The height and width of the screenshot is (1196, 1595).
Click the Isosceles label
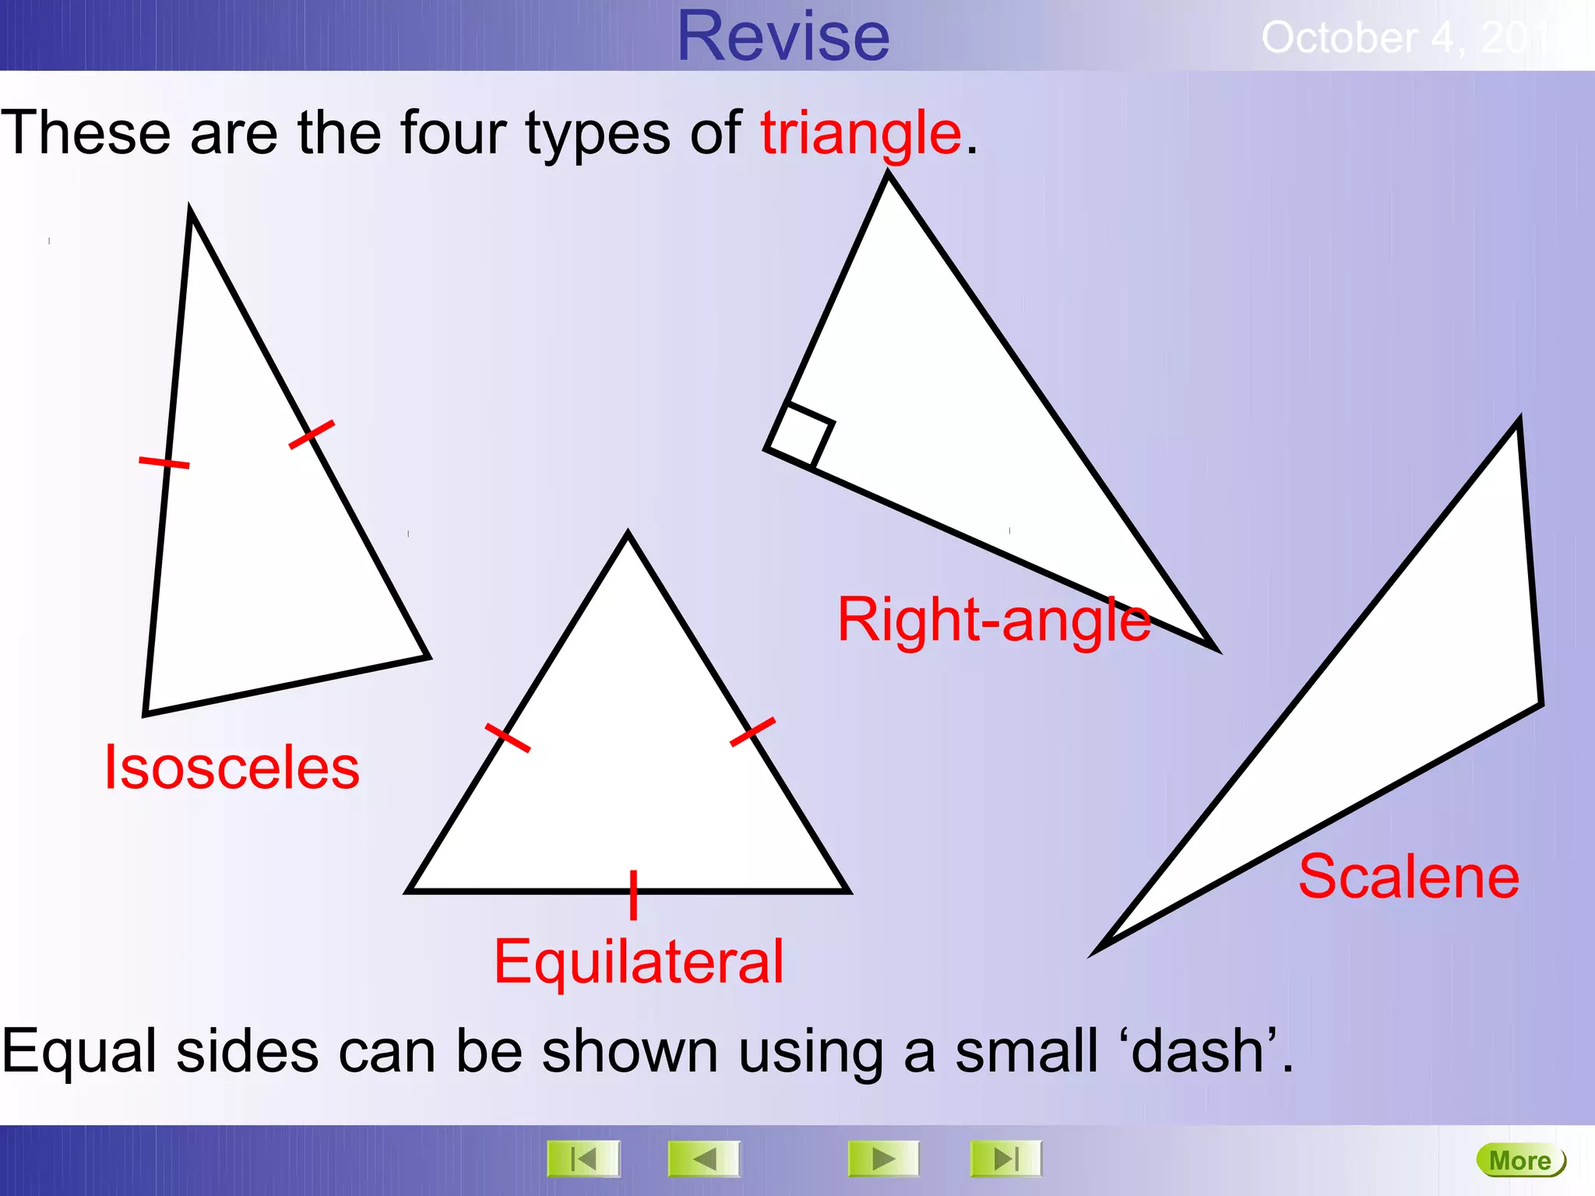(232, 768)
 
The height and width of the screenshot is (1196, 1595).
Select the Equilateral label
(639, 962)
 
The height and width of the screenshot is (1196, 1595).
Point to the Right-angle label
(994, 621)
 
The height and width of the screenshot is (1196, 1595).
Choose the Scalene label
(1409, 878)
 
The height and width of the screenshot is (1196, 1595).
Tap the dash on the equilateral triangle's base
(633, 895)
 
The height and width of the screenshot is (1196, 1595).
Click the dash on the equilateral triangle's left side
(508, 737)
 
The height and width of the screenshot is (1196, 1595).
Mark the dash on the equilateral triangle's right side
(752, 732)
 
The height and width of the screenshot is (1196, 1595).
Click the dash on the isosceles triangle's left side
(164, 463)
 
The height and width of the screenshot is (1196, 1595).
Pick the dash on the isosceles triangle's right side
(312, 434)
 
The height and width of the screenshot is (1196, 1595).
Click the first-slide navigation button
(583, 1159)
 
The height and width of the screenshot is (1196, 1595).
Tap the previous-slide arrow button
(704, 1159)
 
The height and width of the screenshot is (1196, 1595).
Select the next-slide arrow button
(883, 1159)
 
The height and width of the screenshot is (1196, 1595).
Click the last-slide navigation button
(1005, 1159)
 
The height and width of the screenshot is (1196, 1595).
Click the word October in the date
(1340, 37)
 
